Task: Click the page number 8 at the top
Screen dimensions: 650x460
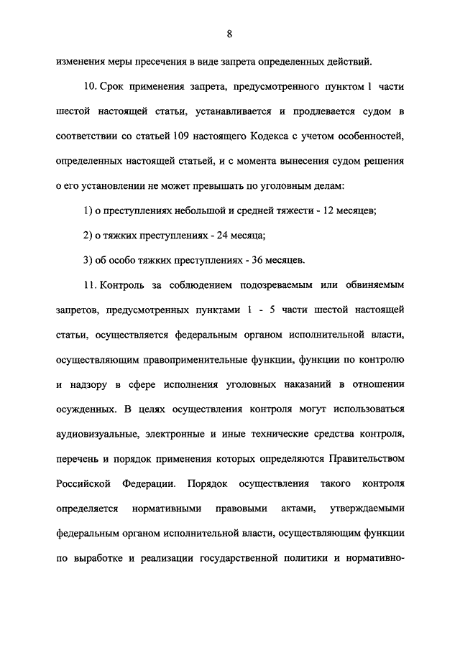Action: (x=229, y=34)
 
